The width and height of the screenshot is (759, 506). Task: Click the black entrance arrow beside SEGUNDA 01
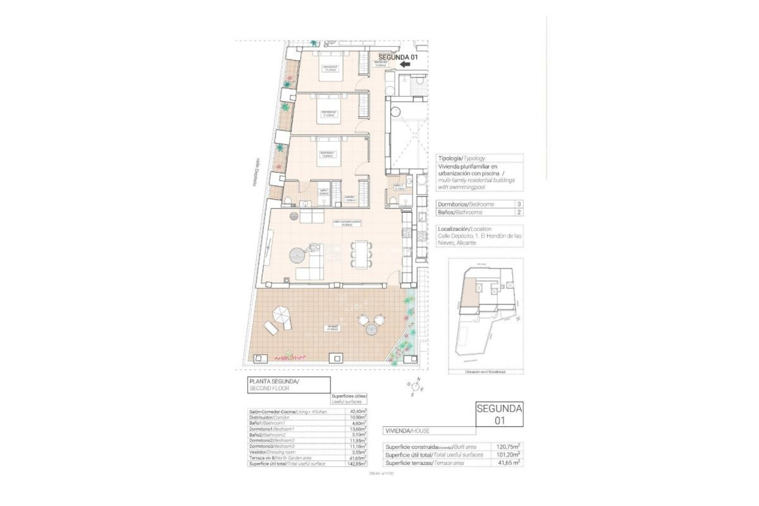point(404,64)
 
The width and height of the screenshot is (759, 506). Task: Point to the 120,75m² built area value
point(508,447)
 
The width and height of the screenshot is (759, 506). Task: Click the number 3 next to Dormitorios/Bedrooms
point(519,204)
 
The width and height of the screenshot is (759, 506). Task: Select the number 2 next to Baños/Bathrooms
point(519,212)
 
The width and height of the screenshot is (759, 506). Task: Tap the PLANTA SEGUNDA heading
point(274,382)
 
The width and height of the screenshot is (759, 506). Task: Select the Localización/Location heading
point(464,229)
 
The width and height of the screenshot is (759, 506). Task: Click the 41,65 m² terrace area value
point(509,463)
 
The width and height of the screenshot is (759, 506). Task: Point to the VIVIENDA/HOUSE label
point(407,431)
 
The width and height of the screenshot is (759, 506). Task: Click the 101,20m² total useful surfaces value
point(508,455)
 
